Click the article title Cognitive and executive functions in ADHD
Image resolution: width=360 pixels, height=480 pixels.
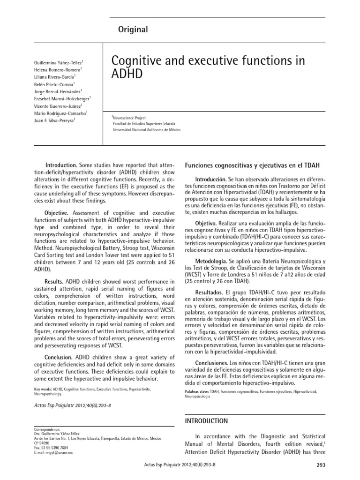tap(206, 68)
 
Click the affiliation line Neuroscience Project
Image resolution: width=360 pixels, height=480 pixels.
tap(129, 118)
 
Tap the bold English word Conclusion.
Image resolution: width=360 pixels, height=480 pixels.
tap(56, 357)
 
